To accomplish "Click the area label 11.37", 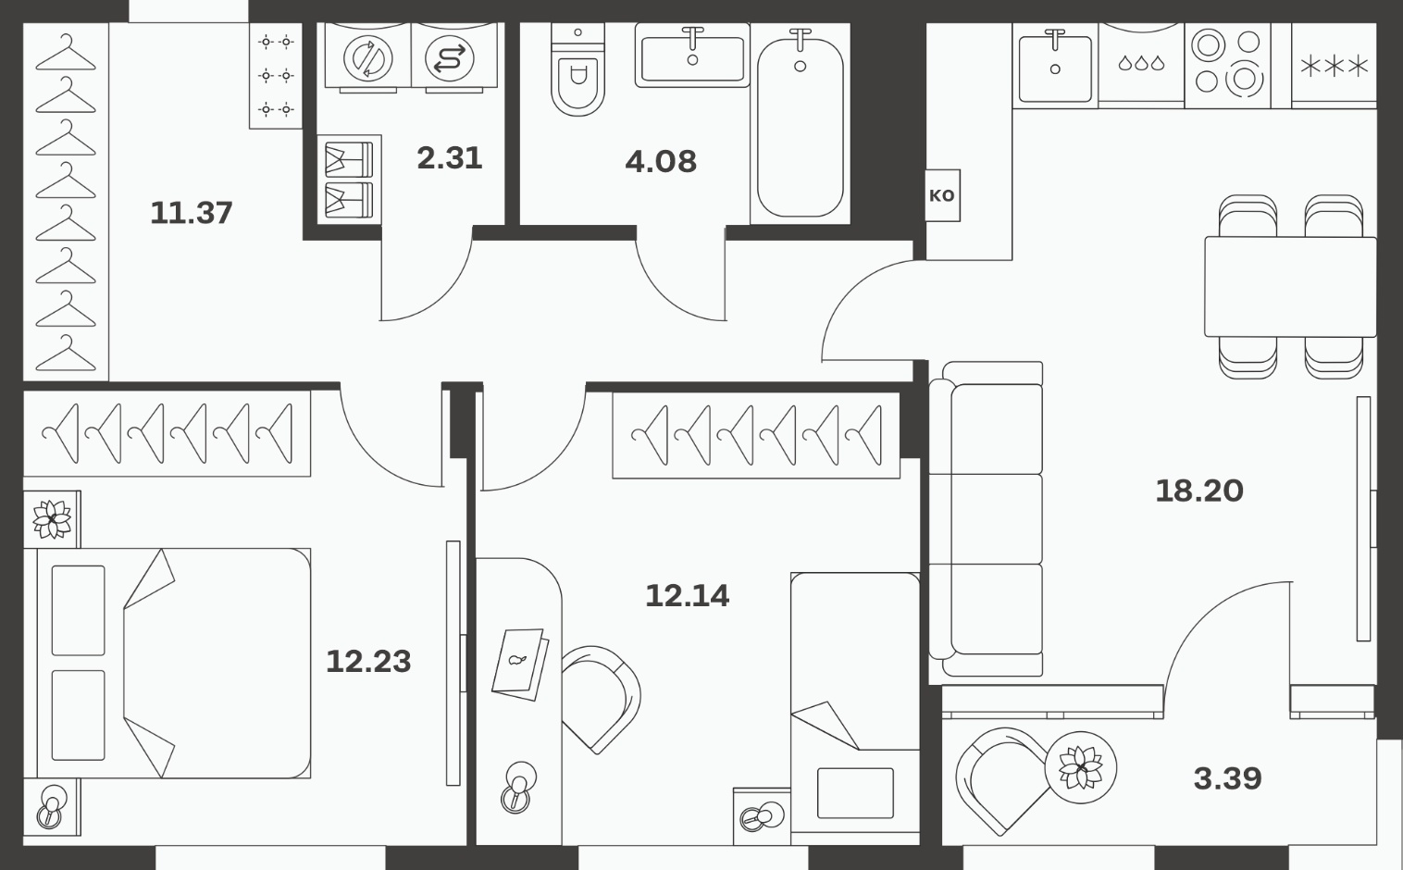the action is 191,213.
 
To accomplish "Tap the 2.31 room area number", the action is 449,158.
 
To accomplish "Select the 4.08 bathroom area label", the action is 661,162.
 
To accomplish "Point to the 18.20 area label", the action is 1199,491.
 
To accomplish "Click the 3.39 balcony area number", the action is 1227,778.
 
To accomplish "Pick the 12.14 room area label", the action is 687,596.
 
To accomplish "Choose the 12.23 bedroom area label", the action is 368,662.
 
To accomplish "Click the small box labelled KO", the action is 942,195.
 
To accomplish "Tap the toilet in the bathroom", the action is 577,70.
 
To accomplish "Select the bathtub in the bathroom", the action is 800,128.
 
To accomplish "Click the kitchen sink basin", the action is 1055,68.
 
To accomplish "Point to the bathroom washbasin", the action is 692,56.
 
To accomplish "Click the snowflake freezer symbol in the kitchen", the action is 1335,66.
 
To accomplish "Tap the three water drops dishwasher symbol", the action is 1141,63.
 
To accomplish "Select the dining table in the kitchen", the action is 1290,287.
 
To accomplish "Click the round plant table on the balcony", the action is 1080,767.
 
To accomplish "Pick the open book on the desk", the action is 520,665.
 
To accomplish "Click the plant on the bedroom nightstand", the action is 52,518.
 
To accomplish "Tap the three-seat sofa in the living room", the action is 986,519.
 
